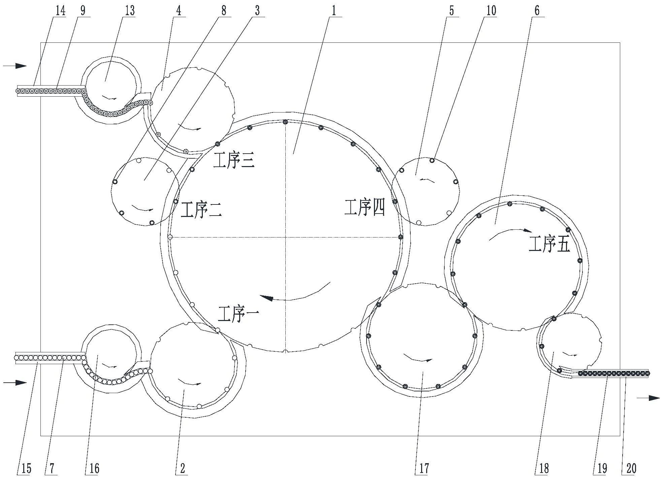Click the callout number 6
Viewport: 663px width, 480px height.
[537, 10]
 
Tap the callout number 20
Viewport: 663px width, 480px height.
[631, 468]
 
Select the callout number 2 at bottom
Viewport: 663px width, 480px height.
[182, 468]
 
